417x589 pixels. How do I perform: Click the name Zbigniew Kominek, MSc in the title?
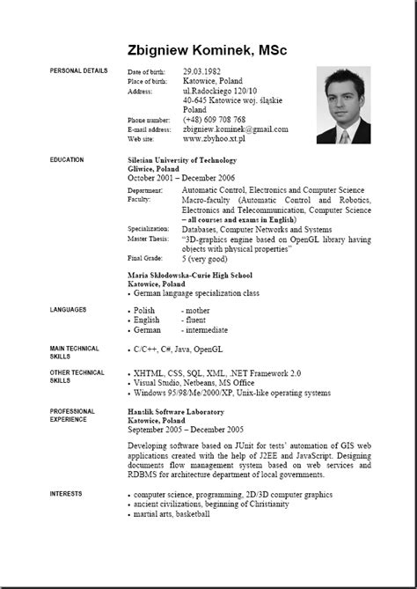coord(208,51)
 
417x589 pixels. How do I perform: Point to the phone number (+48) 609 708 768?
coord(215,119)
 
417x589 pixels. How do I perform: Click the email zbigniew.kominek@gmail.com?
coord(235,129)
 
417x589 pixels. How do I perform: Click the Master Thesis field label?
coord(150,238)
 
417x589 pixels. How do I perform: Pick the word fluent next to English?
coord(194,320)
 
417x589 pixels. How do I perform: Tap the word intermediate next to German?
coord(204,330)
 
